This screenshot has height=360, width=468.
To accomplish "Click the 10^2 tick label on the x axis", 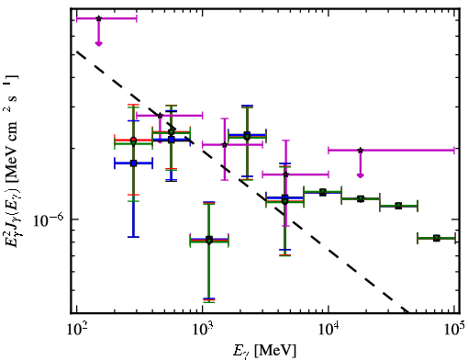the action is click(x=77, y=329).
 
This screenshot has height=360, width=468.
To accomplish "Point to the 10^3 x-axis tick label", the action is click(x=203, y=329).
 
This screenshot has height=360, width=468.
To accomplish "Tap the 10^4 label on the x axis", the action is click(x=329, y=329).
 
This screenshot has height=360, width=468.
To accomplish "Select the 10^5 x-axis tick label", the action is click(x=454, y=329).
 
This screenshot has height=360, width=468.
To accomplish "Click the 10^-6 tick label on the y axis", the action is click(x=49, y=219).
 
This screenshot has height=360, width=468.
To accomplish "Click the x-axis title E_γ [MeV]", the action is click(x=264, y=351).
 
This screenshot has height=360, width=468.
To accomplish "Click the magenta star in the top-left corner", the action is click(x=98, y=18).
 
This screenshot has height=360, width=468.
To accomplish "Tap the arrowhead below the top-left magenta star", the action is click(x=98, y=44).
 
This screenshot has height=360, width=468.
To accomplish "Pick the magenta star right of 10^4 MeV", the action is click(x=361, y=151).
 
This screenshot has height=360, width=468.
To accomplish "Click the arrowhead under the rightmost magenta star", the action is click(x=361, y=175).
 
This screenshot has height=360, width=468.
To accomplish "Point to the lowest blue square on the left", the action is click(x=133, y=163).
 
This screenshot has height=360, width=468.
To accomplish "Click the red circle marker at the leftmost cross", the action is click(x=133, y=141).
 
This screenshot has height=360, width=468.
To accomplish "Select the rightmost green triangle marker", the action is click(x=437, y=238).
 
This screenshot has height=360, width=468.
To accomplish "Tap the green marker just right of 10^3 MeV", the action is click(x=209, y=241).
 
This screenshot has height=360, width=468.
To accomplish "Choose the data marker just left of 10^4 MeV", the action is click(x=322, y=192).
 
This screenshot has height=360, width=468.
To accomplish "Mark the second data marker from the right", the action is click(x=398, y=206).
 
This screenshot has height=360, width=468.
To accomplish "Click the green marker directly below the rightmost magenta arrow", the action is click(x=361, y=199).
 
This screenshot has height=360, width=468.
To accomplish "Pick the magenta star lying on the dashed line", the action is click(x=160, y=116).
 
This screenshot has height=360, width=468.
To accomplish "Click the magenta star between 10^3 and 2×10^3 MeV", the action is click(x=225, y=144).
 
